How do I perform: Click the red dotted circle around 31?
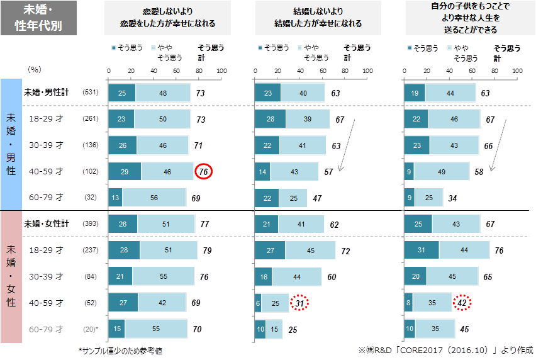click(x=299, y=303)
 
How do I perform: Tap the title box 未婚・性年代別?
click(x=42, y=18)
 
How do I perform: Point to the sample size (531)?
click(x=91, y=93)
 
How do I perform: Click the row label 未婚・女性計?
click(x=47, y=223)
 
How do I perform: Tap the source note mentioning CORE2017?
click(x=445, y=350)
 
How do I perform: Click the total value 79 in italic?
click(x=207, y=250)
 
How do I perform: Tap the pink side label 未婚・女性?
click(x=11, y=277)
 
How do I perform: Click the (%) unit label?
click(x=35, y=69)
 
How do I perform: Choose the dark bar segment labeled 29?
click(x=125, y=171)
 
